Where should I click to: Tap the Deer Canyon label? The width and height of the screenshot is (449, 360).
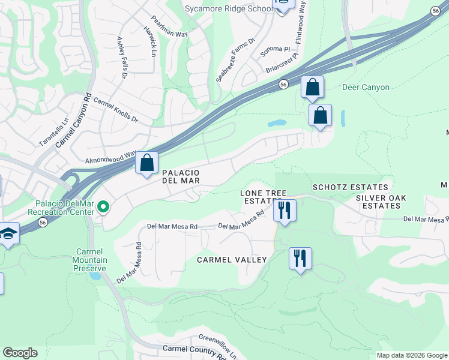(366, 87)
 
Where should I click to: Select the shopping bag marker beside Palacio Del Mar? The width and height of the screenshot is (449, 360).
(146, 163)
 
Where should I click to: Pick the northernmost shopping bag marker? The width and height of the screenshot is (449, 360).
(312, 88)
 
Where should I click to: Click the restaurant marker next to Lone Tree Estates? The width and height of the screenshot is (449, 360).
(284, 211)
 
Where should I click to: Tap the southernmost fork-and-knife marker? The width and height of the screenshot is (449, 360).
(299, 259)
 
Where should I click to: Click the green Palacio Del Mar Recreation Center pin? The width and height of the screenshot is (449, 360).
(103, 208)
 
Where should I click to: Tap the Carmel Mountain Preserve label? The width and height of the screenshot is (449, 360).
(91, 260)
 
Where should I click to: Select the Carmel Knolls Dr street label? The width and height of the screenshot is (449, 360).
(115, 110)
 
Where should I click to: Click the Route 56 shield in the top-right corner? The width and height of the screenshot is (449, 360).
(436, 10)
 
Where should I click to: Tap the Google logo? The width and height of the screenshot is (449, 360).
(20, 353)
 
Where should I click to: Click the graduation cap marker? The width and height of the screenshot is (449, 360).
(8, 233)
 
